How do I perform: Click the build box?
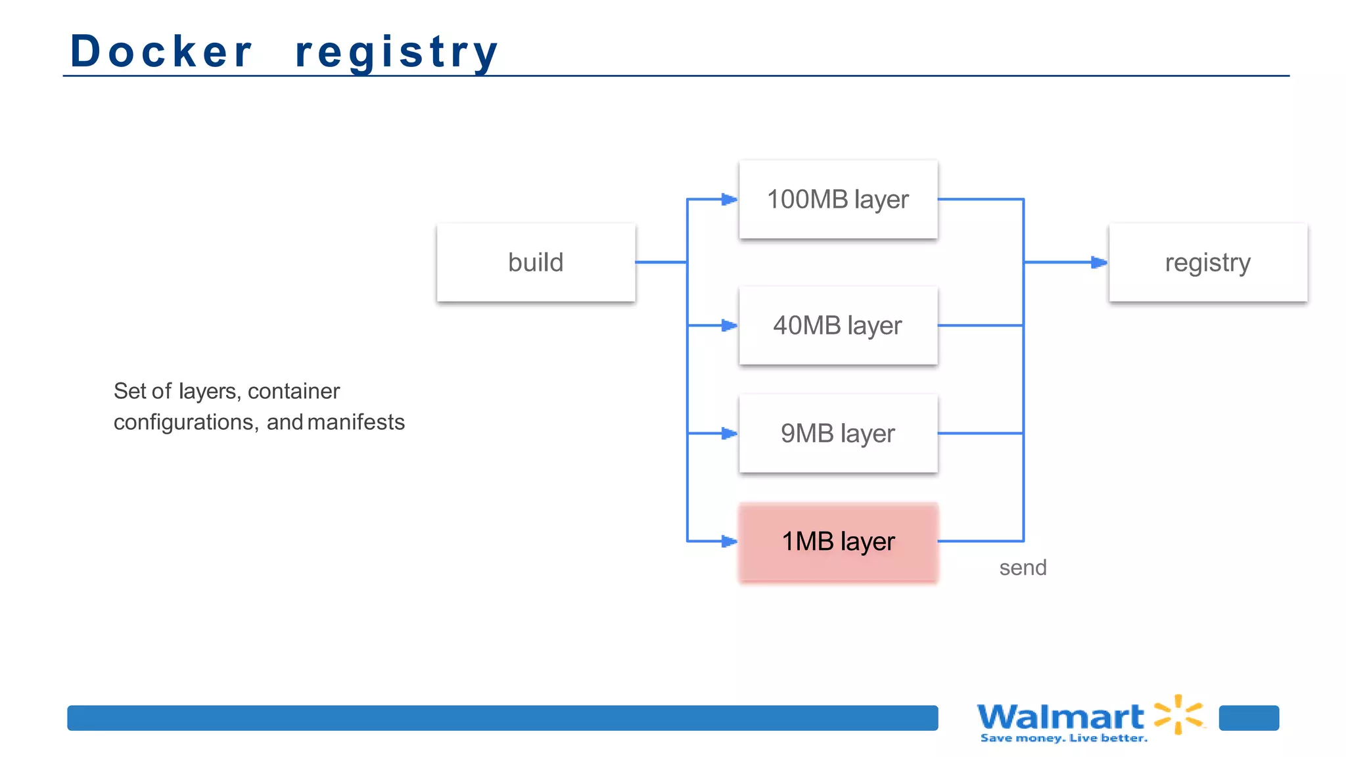coord(536,262)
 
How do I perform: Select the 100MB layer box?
coord(838,199)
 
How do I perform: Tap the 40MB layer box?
coord(838,325)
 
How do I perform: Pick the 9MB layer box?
coord(838,433)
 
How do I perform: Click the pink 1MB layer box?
coord(838,541)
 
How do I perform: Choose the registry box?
coord(1208,262)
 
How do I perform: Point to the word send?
coord(1023,568)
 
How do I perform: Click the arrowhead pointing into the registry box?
coord(1099,262)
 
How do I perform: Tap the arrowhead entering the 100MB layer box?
coord(729,199)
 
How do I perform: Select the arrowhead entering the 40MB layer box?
coord(729,325)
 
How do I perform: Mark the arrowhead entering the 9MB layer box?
coord(729,433)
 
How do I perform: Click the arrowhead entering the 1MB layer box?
coord(729,541)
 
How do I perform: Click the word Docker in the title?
coord(161,51)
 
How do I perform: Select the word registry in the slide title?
coord(396,53)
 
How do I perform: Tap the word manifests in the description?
coord(356,422)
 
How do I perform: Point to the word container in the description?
coord(294,391)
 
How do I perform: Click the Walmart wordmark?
coord(1060,716)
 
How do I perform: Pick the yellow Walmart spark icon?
coord(1179,714)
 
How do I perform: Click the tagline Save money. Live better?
coord(1063,739)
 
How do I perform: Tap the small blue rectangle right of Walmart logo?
coord(1249,718)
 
